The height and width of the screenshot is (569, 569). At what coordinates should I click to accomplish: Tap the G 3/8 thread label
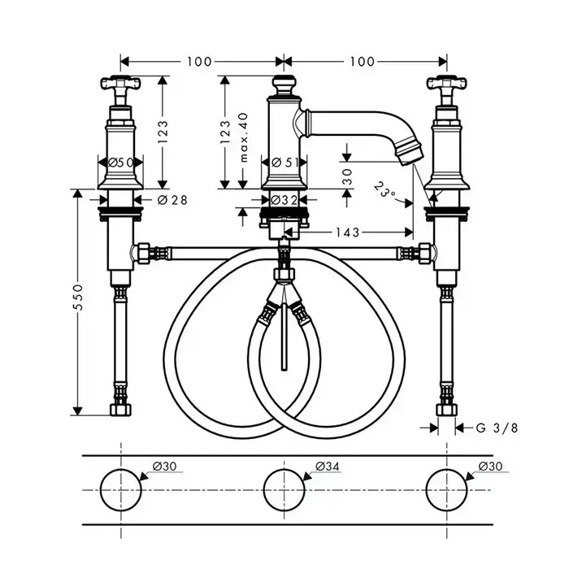[497, 428]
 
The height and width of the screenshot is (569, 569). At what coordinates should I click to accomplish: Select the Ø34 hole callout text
[328, 466]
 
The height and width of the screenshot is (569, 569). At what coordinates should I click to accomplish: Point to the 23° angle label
[384, 189]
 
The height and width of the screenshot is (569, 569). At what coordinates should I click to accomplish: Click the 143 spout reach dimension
[347, 232]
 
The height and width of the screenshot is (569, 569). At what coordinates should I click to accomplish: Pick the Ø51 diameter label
[285, 163]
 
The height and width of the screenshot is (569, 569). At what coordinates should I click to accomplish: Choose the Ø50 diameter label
[121, 163]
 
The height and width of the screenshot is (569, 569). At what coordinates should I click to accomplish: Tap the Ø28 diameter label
[172, 200]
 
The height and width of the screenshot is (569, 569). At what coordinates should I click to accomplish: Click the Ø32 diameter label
[284, 200]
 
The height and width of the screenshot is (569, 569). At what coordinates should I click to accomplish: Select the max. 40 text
[244, 137]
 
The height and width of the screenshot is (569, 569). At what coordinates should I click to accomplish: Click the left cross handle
[120, 84]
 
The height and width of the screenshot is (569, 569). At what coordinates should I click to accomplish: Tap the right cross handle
[447, 84]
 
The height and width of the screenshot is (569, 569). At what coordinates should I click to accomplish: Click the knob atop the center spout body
[284, 85]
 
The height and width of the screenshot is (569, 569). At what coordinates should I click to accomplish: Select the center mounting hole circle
[284, 490]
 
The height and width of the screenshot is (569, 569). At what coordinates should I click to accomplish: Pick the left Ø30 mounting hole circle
[121, 490]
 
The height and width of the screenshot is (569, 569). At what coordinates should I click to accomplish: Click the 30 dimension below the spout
[347, 176]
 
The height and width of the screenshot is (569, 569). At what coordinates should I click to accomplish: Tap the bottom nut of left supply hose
[120, 410]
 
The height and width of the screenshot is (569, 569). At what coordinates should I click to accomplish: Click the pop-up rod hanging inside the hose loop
[284, 336]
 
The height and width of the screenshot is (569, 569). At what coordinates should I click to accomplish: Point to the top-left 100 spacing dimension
[199, 62]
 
